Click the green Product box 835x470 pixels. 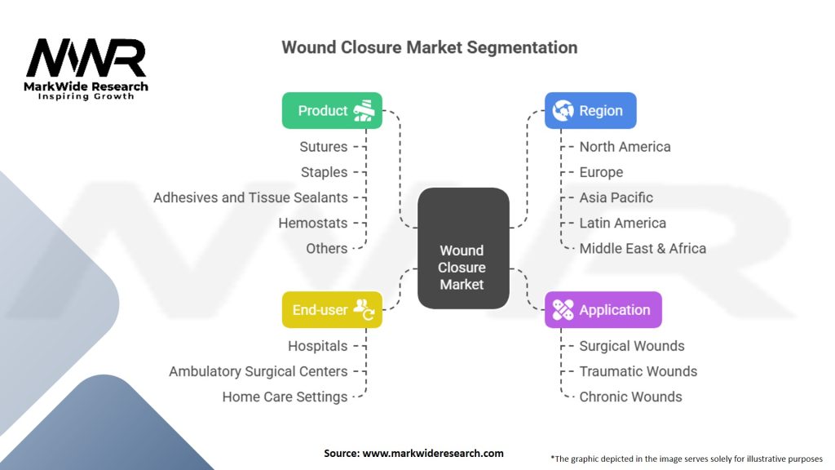point(332,111)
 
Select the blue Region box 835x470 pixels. point(590,111)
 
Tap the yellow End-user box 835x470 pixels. point(332,310)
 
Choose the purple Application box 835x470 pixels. point(603,310)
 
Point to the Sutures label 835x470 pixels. point(324,147)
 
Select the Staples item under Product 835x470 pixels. point(324,172)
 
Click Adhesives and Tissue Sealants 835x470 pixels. point(250,197)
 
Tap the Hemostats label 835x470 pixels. point(312,223)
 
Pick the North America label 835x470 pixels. point(625,147)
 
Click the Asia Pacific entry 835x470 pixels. point(616,197)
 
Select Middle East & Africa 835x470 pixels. point(643,248)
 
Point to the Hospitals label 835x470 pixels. point(317,346)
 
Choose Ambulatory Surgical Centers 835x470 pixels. point(258,371)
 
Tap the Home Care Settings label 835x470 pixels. point(285,397)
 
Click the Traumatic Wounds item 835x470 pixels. point(638,371)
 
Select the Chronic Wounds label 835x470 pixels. point(630,397)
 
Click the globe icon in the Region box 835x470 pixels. point(563,111)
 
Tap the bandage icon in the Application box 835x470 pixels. point(563,310)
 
